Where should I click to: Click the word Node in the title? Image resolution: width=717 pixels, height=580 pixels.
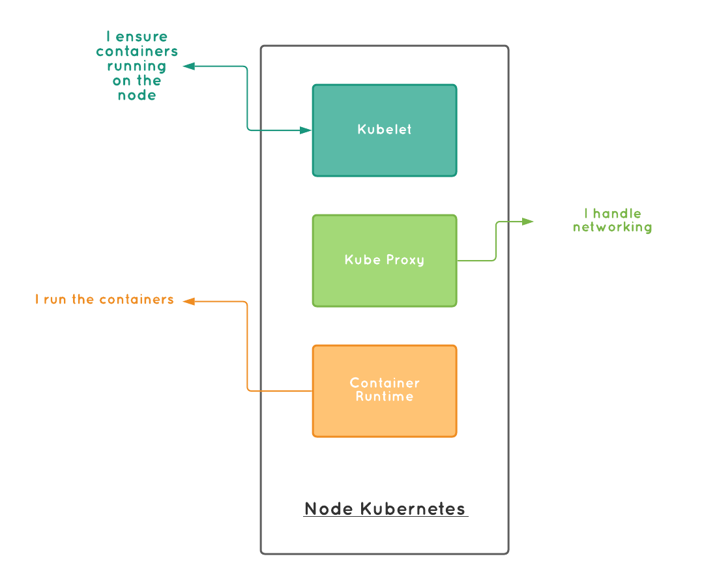coord(329,509)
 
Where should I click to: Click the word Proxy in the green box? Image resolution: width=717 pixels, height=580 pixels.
coord(404,260)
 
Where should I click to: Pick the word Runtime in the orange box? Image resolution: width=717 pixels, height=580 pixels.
coord(385,397)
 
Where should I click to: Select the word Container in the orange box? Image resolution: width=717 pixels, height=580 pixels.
coord(385,383)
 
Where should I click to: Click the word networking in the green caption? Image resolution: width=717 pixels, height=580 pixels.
coord(613,227)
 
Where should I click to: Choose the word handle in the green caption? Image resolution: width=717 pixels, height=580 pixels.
coord(617,213)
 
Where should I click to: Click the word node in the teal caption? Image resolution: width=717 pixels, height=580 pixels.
coord(137,95)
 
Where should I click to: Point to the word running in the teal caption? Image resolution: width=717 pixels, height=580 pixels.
coord(137,66)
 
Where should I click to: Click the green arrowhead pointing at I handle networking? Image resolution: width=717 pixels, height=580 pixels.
coord(529,222)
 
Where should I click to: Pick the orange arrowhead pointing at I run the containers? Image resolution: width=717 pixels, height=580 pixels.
coord(188,301)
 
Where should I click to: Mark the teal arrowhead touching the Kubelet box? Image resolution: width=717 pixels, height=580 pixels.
coord(306,130)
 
